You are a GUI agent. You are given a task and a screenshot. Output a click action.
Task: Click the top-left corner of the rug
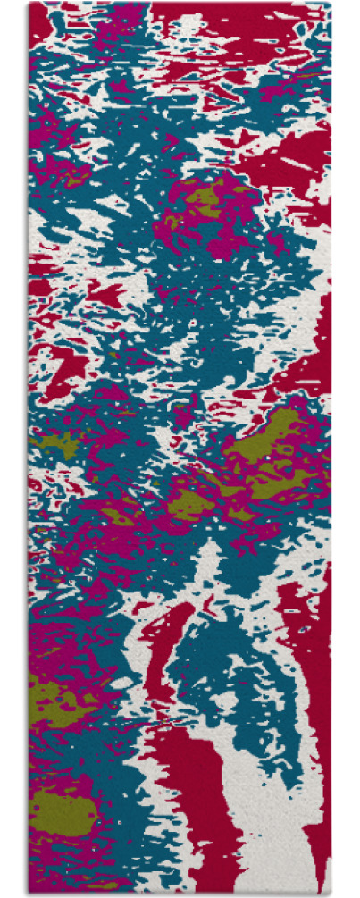click(x=29, y=4)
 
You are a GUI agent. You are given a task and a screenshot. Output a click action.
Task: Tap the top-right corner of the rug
click(x=331, y=4)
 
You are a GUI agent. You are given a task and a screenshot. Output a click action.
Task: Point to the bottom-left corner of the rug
click(x=29, y=893)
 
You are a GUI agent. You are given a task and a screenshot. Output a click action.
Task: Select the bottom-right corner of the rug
click(x=331, y=893)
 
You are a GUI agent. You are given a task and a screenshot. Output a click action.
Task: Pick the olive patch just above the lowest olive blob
click(x=54, y=692)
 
